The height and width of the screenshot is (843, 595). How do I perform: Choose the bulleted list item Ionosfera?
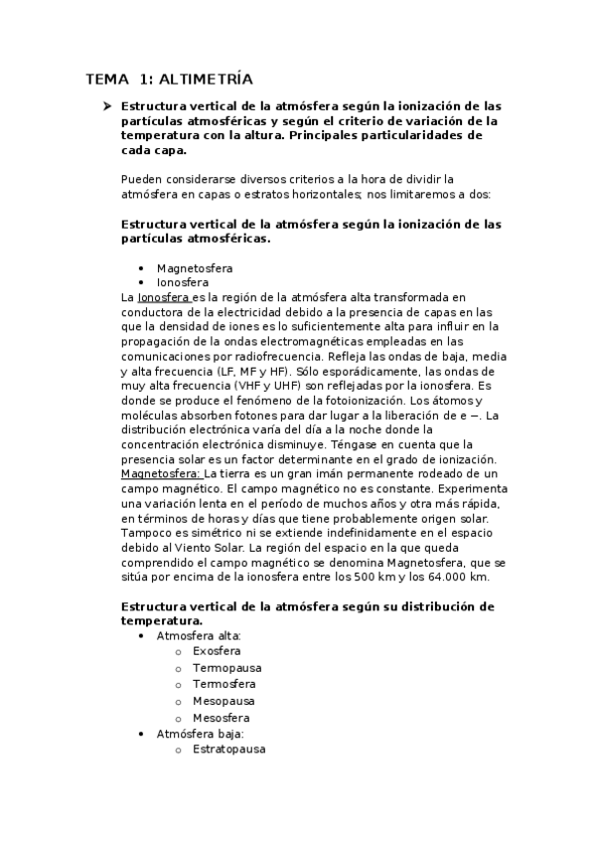[183, 282]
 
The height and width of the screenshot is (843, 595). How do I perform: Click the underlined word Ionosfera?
[164, 297]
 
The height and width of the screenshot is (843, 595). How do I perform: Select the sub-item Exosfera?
[218, 651]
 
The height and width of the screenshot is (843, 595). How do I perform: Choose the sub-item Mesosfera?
[222, 718]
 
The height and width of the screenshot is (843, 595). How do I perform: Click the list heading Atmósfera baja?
[200, 734]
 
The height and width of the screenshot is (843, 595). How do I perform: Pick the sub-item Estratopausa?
[228, 750]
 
